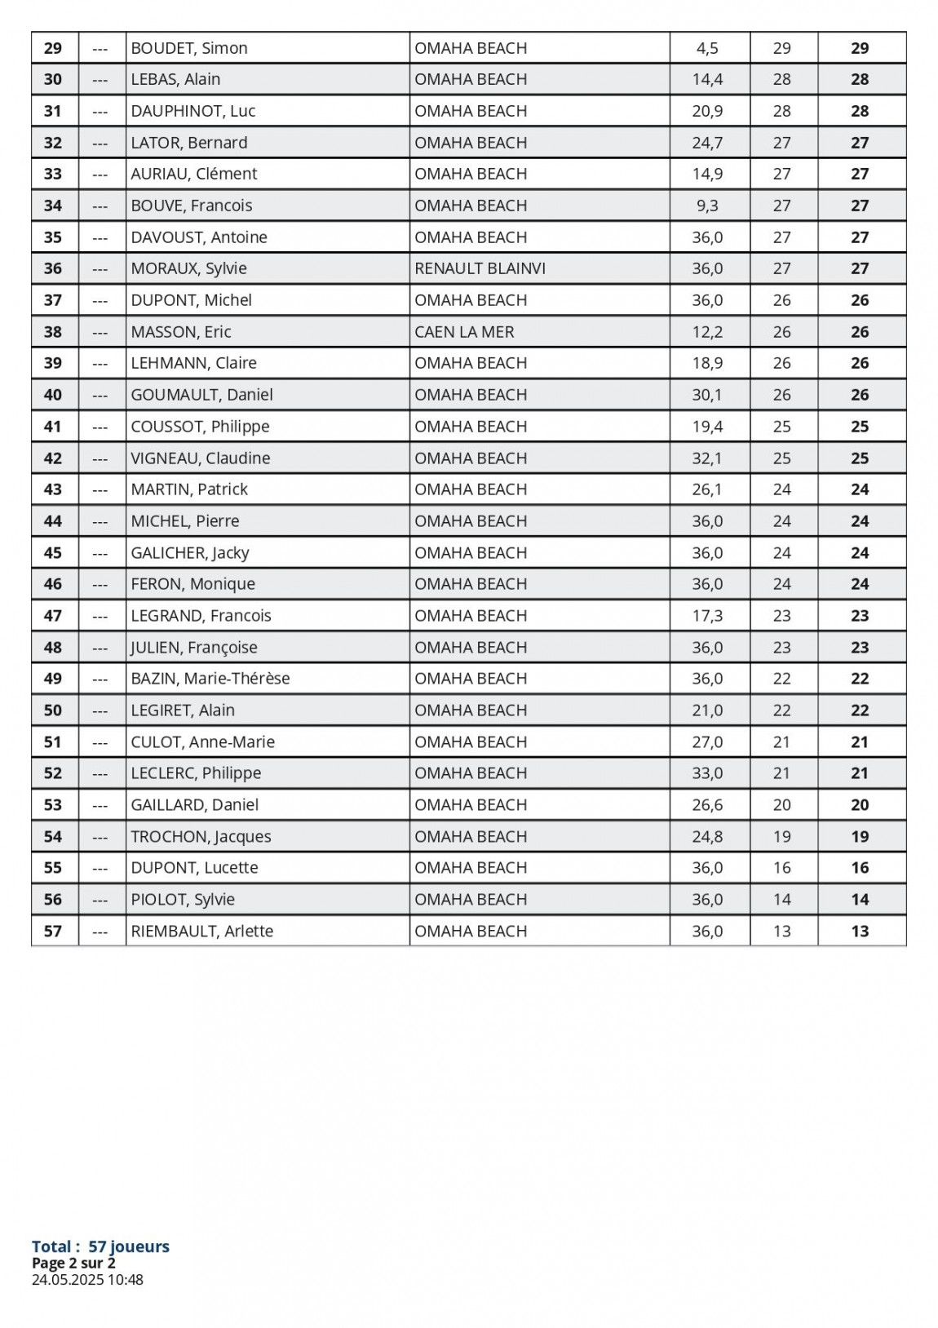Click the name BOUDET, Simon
189,48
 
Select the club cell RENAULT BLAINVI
480,268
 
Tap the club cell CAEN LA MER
464,332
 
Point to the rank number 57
53,931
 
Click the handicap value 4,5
707,48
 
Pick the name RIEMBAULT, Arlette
202,931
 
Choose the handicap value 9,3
707,206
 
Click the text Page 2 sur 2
73,1263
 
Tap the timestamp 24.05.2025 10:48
87,1279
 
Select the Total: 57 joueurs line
100,1246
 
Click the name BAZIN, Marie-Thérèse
210,679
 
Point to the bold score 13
860,931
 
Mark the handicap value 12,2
707,332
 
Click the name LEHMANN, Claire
194,363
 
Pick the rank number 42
53,458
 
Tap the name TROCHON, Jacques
201,836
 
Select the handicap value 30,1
707,395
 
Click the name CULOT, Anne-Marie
203,741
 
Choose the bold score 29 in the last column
860,48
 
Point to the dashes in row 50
100,710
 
